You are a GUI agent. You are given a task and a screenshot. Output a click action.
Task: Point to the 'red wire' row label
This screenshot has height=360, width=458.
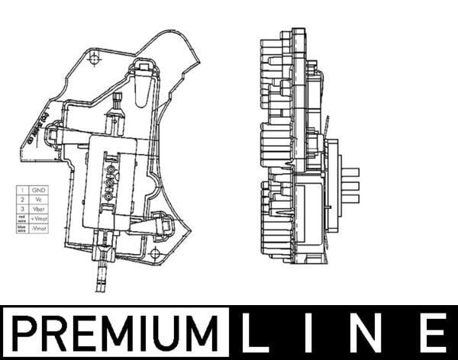[21, 218]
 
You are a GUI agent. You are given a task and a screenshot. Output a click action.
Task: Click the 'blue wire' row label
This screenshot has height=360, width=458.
[21, 228]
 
